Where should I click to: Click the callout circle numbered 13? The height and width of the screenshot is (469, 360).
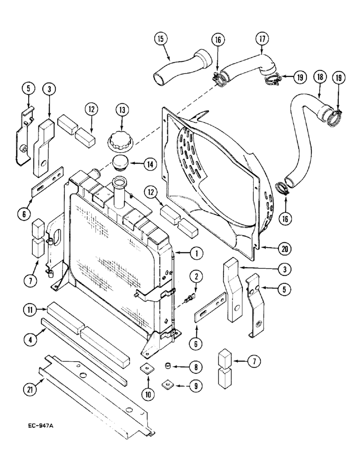pyautogui.click(x=122, y=110)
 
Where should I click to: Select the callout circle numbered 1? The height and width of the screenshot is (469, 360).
pyautogui.click(x=197, y=254)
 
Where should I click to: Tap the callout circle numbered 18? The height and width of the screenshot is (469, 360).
pyautogui.click(x=321, y=77)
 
